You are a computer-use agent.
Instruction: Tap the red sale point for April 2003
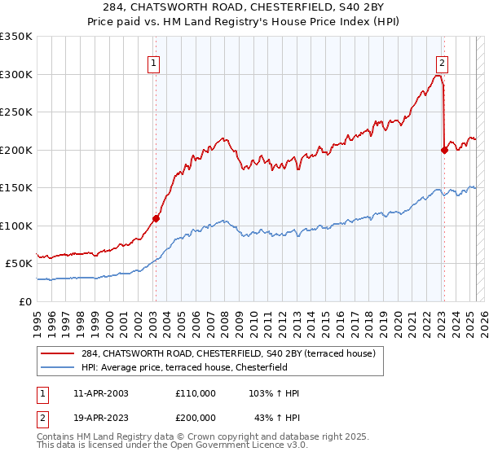click(156, 218)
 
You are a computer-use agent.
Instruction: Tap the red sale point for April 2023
click(444, 150)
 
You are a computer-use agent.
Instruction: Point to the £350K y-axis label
click(15, 37)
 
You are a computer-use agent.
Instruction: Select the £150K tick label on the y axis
click(15, 187)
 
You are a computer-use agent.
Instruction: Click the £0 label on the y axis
click(26, 301)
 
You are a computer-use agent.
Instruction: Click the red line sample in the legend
click(58, 353)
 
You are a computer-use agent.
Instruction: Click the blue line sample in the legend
click(58, 367)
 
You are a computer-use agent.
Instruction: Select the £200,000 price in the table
click(196, 418)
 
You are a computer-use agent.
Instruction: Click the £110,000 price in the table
click(196, 393)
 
